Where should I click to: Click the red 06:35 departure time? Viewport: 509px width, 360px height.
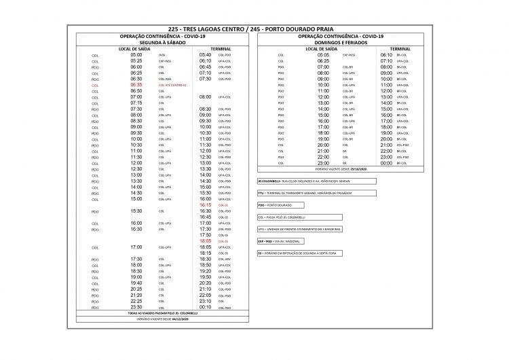coord(136,85)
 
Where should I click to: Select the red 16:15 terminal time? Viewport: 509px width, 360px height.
coord(206,204)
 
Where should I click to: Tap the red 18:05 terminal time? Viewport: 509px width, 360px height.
coord(206,240)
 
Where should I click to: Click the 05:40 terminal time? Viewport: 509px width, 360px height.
coord(206,55)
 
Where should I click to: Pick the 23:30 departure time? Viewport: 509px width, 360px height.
coord(136,306)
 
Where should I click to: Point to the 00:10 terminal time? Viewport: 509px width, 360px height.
coord(206,306)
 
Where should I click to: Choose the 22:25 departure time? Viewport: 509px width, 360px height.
coord(136,300)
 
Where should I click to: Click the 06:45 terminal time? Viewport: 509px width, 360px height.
coord(206,67)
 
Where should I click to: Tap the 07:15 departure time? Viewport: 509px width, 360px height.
coord(136,103)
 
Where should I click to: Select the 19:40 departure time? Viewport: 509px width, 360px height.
coord(136,283)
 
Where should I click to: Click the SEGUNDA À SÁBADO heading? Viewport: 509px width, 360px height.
coord(162,43)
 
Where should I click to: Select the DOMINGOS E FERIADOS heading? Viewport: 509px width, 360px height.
coord(341,43)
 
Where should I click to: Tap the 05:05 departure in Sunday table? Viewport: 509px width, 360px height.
coord(324,55)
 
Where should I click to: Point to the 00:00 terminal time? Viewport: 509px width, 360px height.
coord(385,163)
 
